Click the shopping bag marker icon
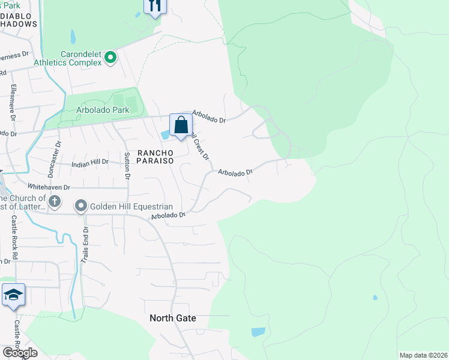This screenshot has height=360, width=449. (181, 126)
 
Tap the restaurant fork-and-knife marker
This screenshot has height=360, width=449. (155, 5)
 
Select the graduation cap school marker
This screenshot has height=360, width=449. (13, 295)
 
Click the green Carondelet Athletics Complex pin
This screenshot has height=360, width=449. (110, 58)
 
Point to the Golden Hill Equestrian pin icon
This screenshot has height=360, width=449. (81, 206)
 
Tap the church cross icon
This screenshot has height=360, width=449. (55, 202)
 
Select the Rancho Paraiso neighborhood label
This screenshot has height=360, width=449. (155, 157)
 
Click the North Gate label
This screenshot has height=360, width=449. (173, 318)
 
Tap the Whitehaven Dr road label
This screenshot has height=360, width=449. (49, 187)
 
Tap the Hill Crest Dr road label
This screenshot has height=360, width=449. (200, 145)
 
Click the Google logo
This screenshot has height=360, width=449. (20, 353)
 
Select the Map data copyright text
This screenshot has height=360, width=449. (424, 355)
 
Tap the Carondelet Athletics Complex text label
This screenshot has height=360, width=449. (67, 58)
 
